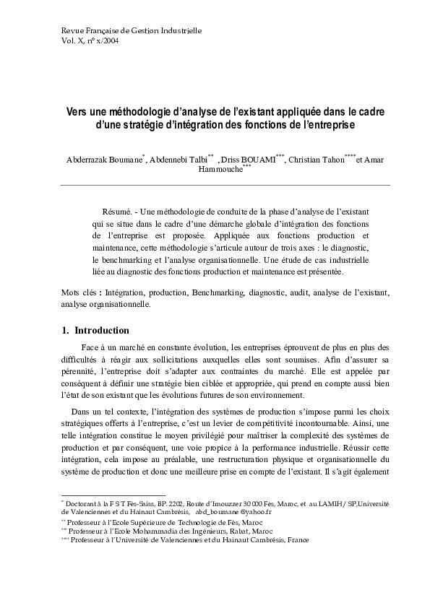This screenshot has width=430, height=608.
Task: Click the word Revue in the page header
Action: tap(70, 30)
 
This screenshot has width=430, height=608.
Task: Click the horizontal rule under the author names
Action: tap(224, 185)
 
